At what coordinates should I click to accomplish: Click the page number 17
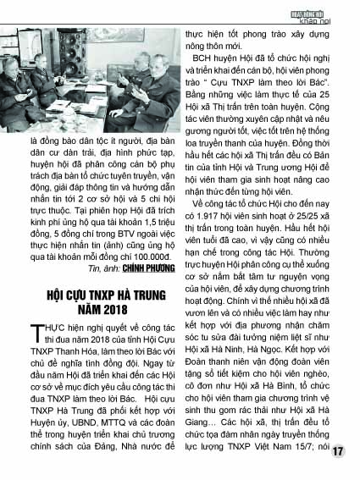[339, 452]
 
